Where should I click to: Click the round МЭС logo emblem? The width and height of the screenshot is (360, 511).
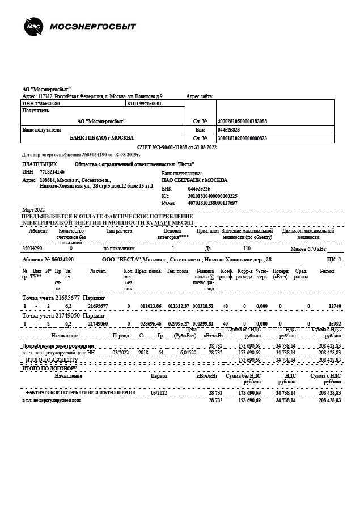[x=32, y=26]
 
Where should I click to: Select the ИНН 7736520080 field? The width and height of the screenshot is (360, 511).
[x=41, y=104]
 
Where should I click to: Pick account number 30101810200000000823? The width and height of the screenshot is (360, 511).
[x=242, y=138]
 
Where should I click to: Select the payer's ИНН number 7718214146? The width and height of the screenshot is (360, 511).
[x=52, y=171]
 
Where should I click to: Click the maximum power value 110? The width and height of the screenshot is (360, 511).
[x=247, y=248]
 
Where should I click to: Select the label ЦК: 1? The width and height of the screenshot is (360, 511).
[x=334, y=259]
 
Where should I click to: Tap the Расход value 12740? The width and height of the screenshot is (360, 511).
[x=334, y=306]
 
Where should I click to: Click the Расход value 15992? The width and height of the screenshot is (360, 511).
[x=334, y=323]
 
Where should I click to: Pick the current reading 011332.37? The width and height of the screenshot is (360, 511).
[x=179, y=306]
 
